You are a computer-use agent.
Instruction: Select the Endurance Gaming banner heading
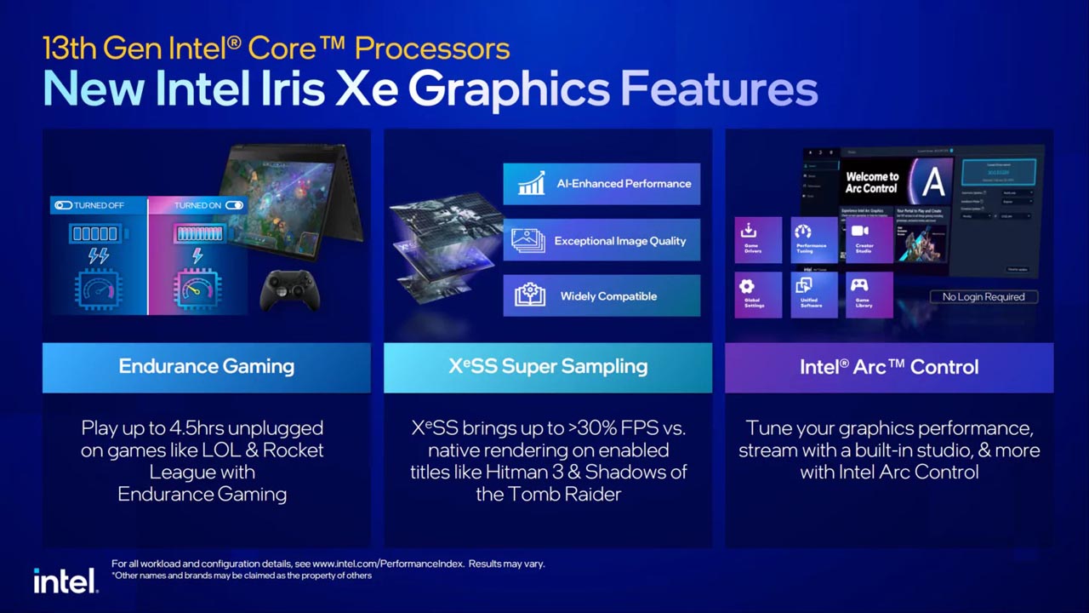point(207,367)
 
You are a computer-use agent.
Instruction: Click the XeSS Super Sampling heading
point(548,367)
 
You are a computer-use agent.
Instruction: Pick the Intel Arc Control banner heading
point(889,367)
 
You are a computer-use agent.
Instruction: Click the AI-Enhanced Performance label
point(624,184)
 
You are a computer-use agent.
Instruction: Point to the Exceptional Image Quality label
point(619,241)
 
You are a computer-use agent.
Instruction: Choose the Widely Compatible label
point(608,296)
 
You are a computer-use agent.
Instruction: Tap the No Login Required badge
point(983,296)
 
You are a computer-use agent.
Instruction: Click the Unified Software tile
point(811,295)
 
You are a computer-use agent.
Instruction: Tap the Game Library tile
point(864,295)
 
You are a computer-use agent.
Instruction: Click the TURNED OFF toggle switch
point(63,205)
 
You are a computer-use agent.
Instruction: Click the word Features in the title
point(719,89)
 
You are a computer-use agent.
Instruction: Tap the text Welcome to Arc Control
point(871,182)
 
